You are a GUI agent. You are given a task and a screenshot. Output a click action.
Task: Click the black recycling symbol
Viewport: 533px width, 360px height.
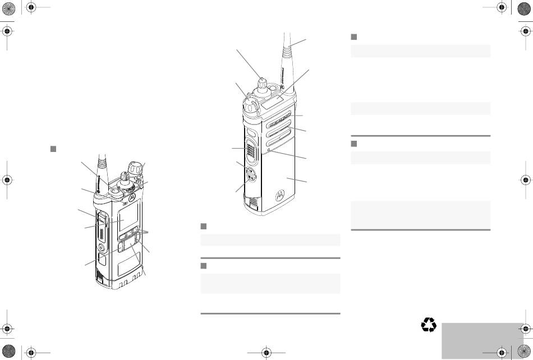point(429,325)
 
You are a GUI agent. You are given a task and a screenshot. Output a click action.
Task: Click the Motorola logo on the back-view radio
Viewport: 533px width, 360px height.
point(279,195)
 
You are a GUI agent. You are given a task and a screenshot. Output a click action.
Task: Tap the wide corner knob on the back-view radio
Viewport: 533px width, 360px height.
point(251,103)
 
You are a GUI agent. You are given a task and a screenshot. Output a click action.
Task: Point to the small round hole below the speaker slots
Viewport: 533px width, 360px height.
point(270,150)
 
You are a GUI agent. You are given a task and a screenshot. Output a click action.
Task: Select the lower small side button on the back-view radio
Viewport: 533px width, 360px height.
point(250,180)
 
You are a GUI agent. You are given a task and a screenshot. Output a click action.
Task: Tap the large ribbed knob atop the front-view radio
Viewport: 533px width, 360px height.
point(134,167)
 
